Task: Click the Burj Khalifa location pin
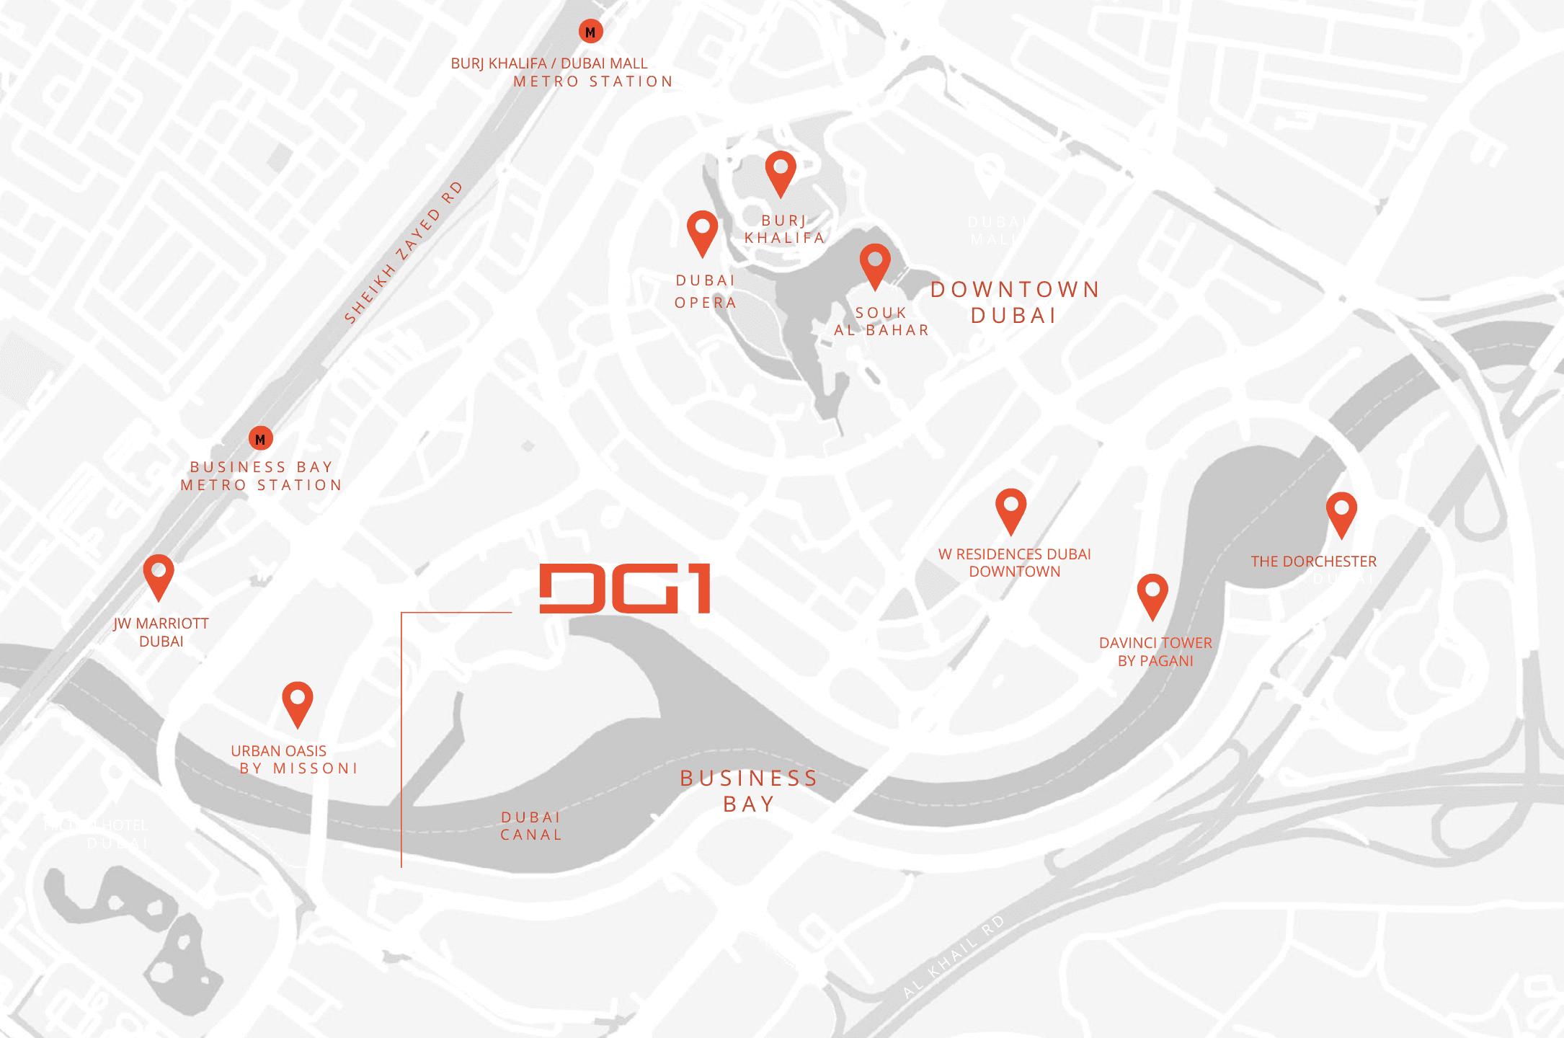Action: pos(781,172)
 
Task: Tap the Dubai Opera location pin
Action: pos(703,231)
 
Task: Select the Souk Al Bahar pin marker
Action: pos(875,264)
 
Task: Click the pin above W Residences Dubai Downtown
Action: pos(1010,509)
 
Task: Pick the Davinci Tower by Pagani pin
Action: pos(1152,595)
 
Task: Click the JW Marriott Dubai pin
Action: pos(159,575)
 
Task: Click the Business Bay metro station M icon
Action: pos(261,438)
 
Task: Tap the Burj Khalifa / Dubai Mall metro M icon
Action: pos(590,32)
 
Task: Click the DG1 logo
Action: pos(625,589)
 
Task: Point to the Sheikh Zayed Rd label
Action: pos(403,253)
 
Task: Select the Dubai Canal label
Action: pos(531,826)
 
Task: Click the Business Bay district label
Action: pos(749,791)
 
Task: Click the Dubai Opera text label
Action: pos(706,291)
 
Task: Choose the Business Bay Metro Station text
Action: pos(261,476)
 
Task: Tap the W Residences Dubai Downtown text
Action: pos(1014,563)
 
